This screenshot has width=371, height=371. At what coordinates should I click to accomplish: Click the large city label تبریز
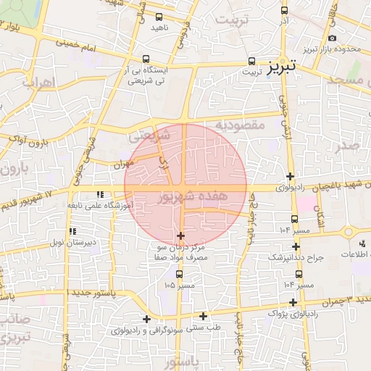pos(280,68)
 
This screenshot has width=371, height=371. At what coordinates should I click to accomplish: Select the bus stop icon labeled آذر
pos(284,11)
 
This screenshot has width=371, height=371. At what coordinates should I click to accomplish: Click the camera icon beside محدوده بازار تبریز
pos(332,38)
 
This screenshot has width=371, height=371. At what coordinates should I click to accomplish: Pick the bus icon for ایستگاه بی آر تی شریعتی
pos(147,59)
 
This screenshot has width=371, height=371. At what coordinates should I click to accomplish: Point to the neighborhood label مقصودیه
pos(238,125)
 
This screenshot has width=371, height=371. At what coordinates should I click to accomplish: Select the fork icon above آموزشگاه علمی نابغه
pos(99,194)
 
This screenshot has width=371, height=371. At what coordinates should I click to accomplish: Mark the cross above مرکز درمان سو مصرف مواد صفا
pos(180,235)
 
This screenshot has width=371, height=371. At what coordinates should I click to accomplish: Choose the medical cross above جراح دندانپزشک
pos(296,246)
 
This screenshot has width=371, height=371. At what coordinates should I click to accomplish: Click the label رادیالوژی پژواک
pos(293,314)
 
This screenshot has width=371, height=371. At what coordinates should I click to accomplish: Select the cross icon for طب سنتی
pos(203,316)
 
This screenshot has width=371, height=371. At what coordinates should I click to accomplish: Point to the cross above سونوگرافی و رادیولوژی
pos(146,319)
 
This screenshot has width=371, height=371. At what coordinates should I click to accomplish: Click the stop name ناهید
pos(159,28)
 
